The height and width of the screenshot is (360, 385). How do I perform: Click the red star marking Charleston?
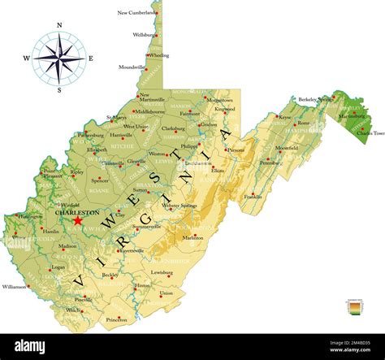[78, 220]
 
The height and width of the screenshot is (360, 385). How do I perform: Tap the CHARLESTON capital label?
[76, 212]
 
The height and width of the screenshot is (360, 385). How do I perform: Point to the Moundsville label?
[132, 67]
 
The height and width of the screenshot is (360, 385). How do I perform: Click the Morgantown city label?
[221, 100]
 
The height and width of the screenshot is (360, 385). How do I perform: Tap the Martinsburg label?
[352, 115]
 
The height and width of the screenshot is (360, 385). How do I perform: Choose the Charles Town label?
[369, 133]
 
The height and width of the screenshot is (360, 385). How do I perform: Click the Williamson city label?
[14, 286]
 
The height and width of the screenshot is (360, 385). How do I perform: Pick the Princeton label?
[118, 319]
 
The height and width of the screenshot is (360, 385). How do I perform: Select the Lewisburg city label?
[162, 272]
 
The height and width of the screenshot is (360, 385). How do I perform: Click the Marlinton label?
[192, 238]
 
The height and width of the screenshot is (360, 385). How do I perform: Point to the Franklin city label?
[253, 197]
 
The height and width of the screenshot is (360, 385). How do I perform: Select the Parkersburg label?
[90, 135]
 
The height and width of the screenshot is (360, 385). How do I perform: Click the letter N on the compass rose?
[59, 25]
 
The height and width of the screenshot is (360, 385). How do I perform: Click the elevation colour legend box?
[353, 308]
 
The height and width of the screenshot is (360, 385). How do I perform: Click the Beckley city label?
[110, 275]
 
